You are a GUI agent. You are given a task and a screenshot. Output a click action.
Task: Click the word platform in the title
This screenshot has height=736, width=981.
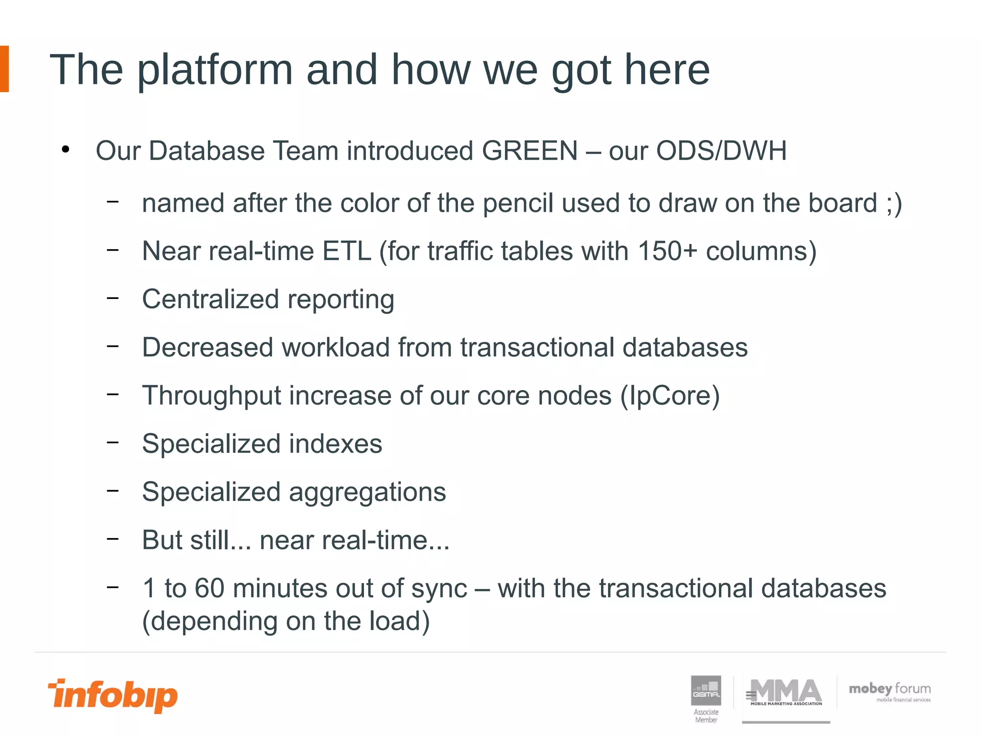(x=215, y=70)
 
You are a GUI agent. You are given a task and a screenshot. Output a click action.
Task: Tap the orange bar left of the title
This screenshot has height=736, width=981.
(x=4, y=69)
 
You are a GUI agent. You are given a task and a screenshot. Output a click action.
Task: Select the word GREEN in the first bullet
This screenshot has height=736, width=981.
(x=529, y=151)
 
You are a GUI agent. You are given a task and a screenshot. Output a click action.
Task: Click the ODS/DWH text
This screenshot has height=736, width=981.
(x=721, y=151)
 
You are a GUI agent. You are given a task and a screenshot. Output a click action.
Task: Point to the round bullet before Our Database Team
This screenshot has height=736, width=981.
(x=66, y=150)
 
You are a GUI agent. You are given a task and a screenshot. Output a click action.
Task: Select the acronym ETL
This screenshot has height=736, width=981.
(x=347, y=251)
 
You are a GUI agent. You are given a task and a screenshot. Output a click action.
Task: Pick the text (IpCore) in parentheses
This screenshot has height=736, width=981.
(x=670, y=396)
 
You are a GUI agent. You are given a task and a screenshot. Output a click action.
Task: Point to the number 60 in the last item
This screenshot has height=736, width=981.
(x=209, y=588)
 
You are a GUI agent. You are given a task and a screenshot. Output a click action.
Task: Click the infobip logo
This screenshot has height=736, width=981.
(x=113, y=695)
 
